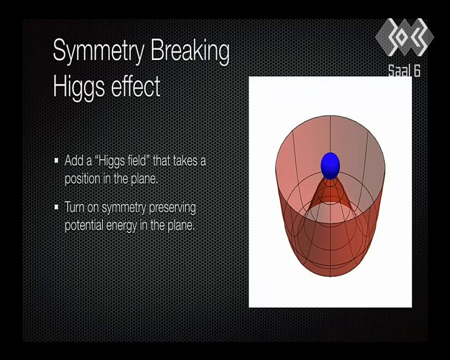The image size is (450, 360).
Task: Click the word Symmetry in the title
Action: (99, 51)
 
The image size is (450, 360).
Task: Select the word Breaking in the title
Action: (190, 51)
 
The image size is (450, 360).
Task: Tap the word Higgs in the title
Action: (79, 87)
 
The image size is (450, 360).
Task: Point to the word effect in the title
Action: (136, 86)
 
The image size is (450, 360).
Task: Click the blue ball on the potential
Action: (330, 166)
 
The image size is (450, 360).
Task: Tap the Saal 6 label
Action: (404, 71)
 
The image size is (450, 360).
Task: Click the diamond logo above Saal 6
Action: (404, 37)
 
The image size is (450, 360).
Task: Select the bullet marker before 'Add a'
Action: (56, 160)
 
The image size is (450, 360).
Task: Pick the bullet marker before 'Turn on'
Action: (56, 207)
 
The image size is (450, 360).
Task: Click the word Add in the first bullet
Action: (74, 161)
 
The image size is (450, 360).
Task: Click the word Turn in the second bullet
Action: (74, 207)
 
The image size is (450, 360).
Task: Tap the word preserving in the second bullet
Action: (172, 208)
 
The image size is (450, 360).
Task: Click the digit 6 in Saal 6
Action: (417, 71)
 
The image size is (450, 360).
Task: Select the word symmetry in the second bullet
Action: (124, 208)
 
